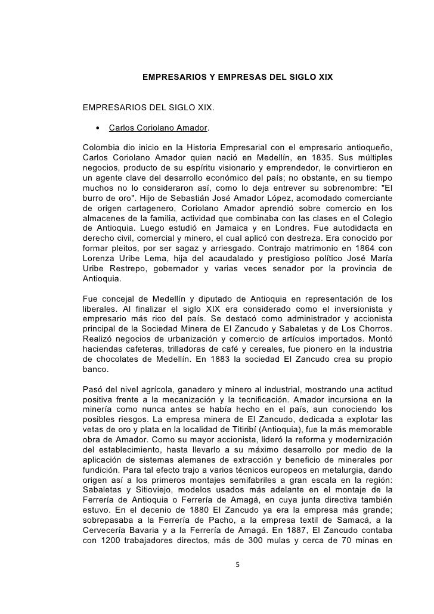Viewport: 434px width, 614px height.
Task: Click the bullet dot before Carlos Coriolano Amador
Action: [97, 128]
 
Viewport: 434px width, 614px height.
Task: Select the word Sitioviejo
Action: [144, 488]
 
